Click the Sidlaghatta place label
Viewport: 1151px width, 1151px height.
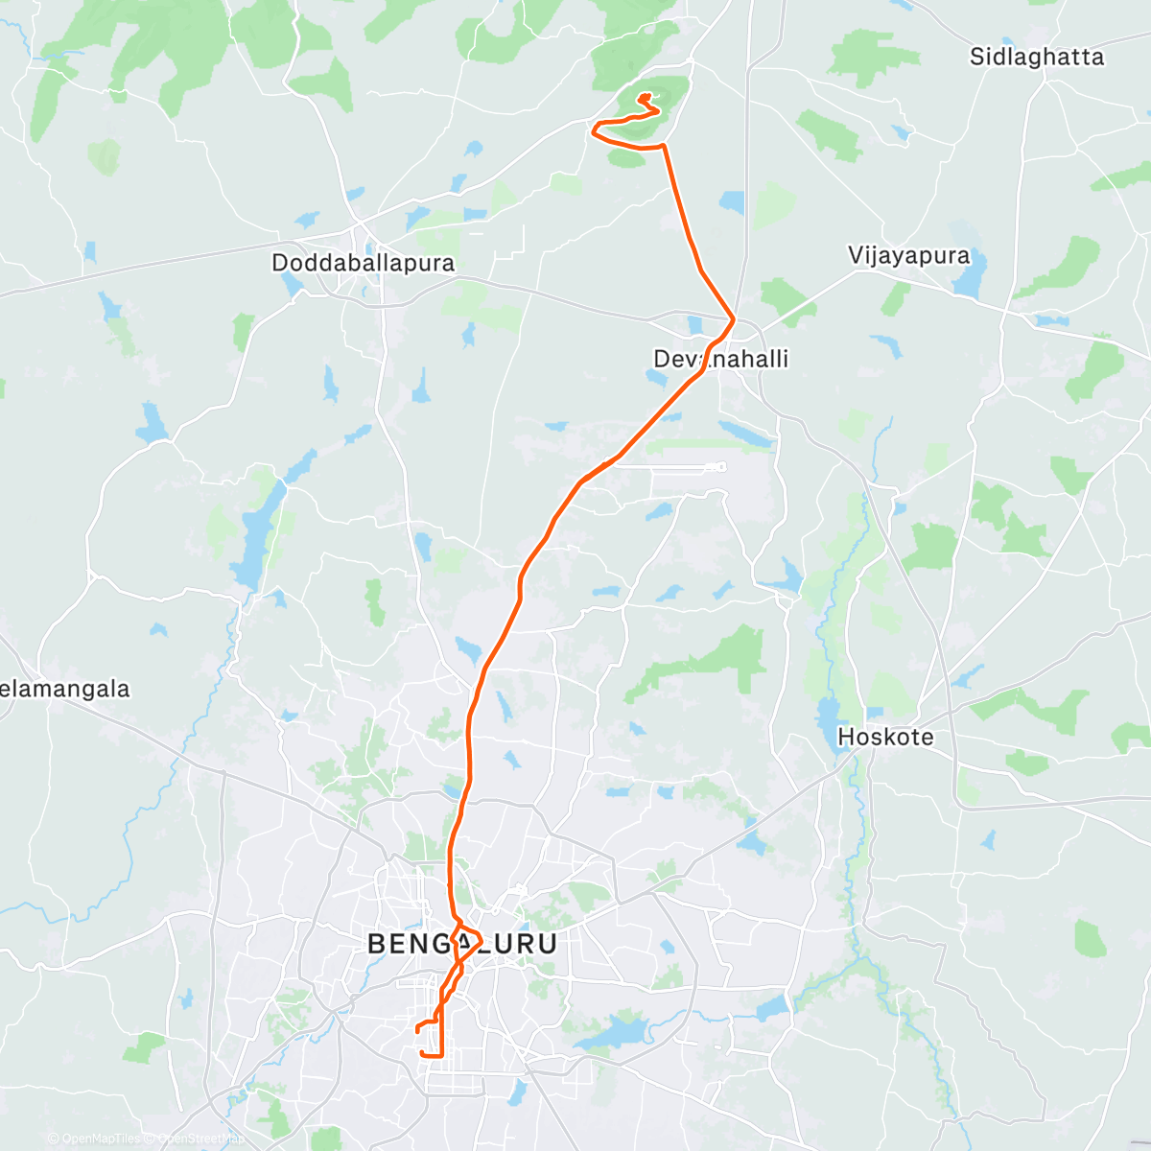click(x=1036, y=58)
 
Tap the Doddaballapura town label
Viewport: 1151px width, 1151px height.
click(x=363, y=263)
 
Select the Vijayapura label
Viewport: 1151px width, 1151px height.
click(x=908, y=256)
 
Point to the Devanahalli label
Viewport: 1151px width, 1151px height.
click(x=720, y=360)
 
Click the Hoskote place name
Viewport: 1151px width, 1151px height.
click(x=885, y=738)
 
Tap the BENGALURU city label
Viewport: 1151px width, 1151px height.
click(x=461, y=944)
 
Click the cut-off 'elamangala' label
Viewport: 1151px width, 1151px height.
click(x=64, y=689)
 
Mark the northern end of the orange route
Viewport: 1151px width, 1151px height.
click(x=646, y=96)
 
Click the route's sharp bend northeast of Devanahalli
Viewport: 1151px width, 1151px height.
click(x=734, y=318)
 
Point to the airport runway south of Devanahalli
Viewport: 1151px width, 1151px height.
click(x=686, y=468)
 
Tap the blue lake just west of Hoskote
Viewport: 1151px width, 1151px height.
click(x=826, y=714)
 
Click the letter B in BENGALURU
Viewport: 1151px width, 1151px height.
click(x=377, y=944)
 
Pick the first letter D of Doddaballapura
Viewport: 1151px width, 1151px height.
click(x=280, y=263)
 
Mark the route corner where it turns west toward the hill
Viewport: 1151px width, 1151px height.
click(x=663, y=147)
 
